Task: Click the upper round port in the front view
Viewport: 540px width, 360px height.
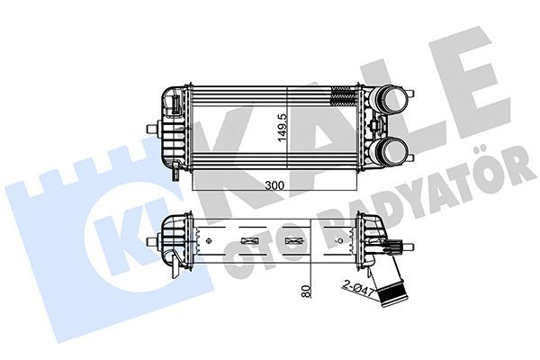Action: (393, 100)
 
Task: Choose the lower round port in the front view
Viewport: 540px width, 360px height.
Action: (393, 148)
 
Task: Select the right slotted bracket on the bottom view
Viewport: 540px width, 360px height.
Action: (294, 240)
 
